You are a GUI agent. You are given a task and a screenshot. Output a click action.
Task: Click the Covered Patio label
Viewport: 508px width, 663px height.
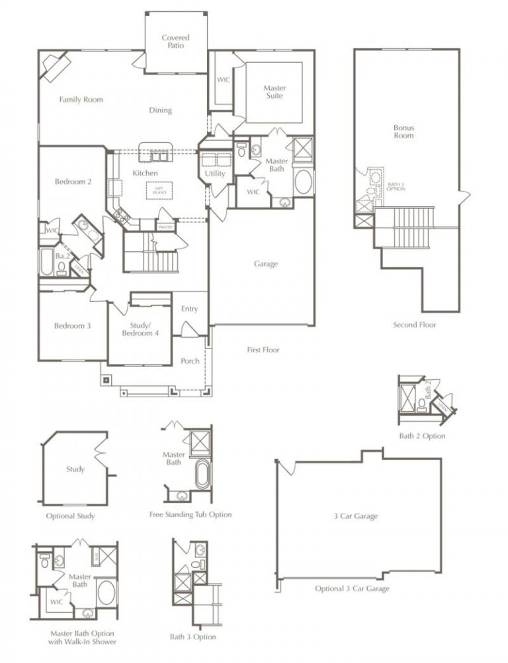point(175,42)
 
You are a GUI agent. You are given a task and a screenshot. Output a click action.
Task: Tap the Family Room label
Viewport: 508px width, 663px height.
point(81,100)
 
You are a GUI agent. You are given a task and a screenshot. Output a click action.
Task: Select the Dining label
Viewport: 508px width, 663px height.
point(160,110)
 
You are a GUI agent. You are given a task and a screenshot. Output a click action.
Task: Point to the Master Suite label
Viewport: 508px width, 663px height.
point(275,92)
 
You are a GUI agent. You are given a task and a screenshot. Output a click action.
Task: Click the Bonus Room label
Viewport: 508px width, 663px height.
point(403,131)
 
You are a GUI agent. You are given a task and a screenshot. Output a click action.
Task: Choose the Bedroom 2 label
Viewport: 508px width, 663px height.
point(73,182)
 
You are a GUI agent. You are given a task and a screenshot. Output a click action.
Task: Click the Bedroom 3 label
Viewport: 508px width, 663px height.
point(73,325)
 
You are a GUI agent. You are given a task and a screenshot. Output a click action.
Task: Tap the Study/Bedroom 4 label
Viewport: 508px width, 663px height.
point(141,329)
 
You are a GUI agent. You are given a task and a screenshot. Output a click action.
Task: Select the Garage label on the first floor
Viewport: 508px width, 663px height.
point(266,264)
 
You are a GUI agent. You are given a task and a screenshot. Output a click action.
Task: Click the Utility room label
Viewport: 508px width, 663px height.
point(216,174)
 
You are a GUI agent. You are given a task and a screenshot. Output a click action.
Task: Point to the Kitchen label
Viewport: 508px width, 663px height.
point(146,173)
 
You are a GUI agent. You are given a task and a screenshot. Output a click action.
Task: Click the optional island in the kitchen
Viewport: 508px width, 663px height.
point(159,190)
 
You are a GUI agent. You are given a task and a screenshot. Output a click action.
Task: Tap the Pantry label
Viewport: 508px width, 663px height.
point(165,227)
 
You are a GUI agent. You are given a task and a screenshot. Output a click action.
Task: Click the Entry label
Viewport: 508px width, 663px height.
point(190,309)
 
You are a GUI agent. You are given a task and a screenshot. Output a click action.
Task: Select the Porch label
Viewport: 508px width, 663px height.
point(190,361)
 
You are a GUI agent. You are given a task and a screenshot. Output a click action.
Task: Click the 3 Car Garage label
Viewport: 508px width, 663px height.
point(356,516)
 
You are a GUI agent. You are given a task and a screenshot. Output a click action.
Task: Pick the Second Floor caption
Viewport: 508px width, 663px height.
point(414,325)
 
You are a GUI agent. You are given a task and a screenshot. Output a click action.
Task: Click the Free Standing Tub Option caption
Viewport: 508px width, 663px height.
point(190,514)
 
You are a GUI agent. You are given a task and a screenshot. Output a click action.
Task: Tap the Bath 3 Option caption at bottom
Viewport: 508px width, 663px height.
point(192,637)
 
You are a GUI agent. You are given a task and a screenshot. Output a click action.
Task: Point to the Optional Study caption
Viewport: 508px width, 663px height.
point(70,516)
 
